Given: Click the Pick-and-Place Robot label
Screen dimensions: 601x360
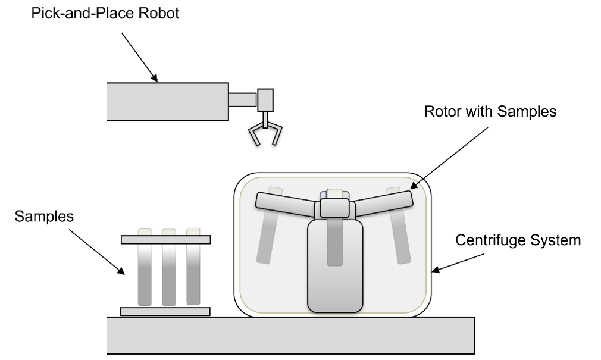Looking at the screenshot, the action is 105,14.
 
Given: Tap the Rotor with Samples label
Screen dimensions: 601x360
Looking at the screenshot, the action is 490,111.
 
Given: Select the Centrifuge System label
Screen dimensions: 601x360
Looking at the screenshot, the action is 518,240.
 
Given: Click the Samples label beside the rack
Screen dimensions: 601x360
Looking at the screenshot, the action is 44,217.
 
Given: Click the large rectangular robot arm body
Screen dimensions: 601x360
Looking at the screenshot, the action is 168,102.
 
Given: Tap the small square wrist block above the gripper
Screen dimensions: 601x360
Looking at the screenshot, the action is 265,100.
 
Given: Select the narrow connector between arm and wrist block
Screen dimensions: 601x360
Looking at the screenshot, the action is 243,100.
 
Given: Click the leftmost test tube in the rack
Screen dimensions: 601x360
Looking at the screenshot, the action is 145,267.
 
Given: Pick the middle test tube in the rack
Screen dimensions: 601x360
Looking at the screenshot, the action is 169,267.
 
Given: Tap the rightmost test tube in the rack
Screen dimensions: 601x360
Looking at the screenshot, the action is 193,267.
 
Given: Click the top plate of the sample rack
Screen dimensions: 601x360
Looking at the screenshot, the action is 165,240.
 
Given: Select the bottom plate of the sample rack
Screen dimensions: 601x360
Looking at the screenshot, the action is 165,311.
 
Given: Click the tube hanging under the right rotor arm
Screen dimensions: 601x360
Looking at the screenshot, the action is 399,226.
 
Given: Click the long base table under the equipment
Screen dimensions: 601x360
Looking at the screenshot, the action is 291,336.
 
